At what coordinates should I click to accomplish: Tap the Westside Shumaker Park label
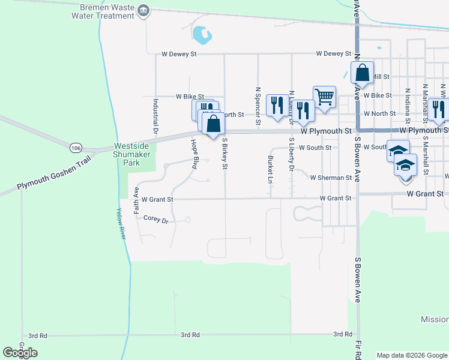[x=136, y=154]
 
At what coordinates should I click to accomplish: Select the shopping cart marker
[x=324, y=97]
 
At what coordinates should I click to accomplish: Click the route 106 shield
[x=76, y=148]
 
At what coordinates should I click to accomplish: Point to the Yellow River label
[x=121, y=224]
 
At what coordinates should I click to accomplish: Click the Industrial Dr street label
[x=155, y=115]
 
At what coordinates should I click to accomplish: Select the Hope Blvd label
[x=194, y=154]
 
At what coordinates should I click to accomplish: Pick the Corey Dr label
[x=156, y=220]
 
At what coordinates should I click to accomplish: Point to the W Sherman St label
[x=331, y=178]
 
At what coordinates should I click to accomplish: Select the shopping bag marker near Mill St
[x=362, y=73]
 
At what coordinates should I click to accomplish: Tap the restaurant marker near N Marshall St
[x=439, y=108]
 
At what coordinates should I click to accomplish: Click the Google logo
[x=20, y=353]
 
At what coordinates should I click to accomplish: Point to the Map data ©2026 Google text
[x=411, y=355]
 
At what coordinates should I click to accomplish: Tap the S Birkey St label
[x=224, y=154]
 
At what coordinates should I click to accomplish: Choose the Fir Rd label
[x=358, y=351]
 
